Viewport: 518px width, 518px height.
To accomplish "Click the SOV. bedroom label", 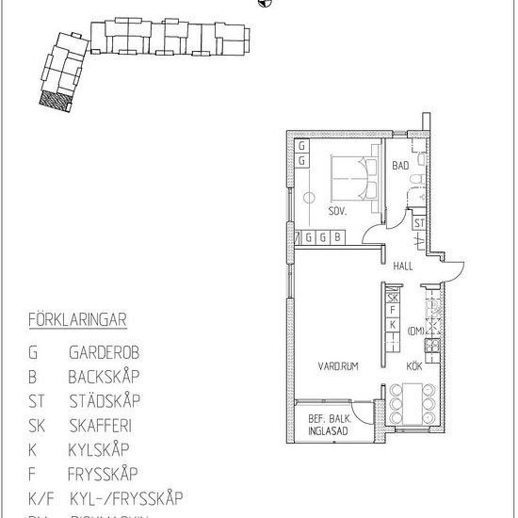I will pos(338,212).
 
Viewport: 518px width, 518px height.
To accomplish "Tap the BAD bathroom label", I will pos(401,166).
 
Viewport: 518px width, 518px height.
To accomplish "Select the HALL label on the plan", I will pos(403,267).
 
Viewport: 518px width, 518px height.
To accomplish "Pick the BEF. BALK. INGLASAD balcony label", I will pos(328,425).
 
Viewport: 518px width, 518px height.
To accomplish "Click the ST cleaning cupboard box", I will pos(419,223).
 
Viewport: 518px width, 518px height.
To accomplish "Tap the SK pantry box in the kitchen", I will pos(393,298).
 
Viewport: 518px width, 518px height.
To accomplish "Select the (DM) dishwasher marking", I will pos(416,331).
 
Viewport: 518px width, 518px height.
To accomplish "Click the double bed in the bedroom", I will pos(353,176).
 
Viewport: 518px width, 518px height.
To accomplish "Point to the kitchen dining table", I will pos(414,402).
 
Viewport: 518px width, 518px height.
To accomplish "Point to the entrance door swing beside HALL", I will pos(454,270).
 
